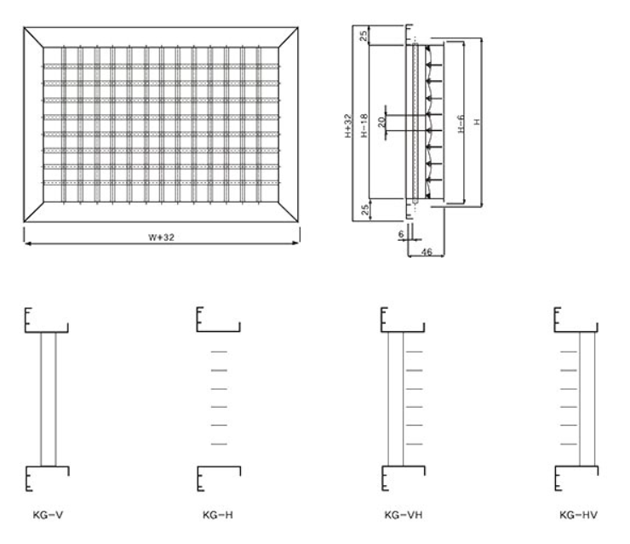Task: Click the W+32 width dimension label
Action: pyautogui.click(x=162, y=237)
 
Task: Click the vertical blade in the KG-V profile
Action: pyautogui.click(x=48, y=398)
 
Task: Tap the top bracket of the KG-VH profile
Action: pyautogui.click(x=401, y=321)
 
